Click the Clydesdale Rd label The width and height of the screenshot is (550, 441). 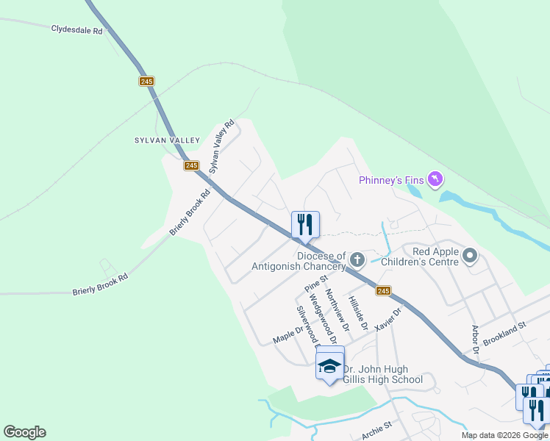(x=76, y=29)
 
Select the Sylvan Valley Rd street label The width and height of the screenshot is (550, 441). (x=221, y=146)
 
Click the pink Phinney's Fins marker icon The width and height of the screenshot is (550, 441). (x=435, y=179)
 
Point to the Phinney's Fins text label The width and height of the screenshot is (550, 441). (x=392, y=180)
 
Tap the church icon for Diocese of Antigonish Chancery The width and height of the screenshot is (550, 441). (x=357, y=259)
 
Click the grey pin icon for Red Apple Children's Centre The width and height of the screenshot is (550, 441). (x=471, y=257)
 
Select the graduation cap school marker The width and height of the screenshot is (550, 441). (x=329, y=365)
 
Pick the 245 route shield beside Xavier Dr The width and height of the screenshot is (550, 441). (x=383, y=291)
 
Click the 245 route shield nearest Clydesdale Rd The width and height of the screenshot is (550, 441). (x=146, y=81)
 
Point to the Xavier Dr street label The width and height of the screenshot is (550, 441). (x=388, y=320)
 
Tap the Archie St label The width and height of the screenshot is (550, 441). (x=377, y=431)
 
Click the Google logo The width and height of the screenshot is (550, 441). (x=24, y=432)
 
